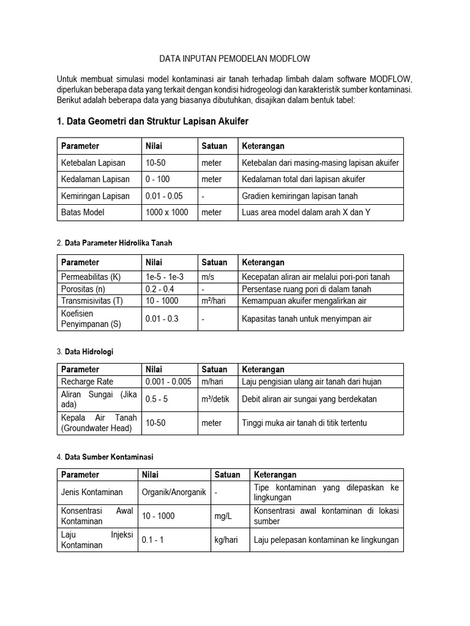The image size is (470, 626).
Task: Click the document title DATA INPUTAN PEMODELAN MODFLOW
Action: click(x=234, y=59)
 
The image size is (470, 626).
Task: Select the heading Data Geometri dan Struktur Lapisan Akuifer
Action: click(x=152, y=122)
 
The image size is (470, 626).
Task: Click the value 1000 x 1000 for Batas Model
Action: click(x=167, y=212)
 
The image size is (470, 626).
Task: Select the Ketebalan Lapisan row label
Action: click(x=92, y=163)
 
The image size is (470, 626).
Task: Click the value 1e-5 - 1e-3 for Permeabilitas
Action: click(x=165, y=277)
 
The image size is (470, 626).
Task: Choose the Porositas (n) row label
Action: click(x=83, y=289)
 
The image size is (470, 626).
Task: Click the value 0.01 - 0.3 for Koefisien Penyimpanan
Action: click(x=162, y=319)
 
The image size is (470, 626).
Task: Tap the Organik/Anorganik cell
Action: click(x=174, y=492)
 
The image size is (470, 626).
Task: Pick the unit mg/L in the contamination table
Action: click(x=224, y=516)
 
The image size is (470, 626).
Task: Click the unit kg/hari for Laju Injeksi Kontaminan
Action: click(x=226, y=540)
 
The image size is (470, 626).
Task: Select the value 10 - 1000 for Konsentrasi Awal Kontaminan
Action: click(x=158, y=516)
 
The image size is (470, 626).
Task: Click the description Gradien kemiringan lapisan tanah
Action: click(x=300, y=196)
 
